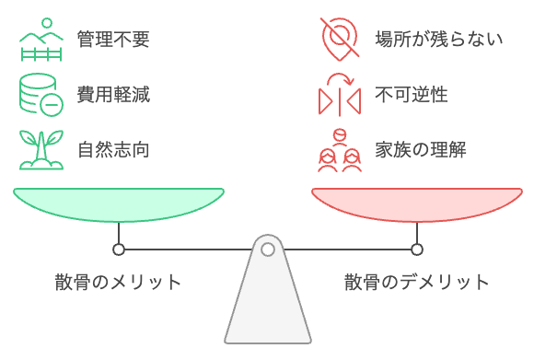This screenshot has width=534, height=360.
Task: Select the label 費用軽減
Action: [x=113, y=94]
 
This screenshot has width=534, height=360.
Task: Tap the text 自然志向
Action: [x=113, y=149]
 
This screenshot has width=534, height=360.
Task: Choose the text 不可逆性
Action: [x=412, y=94]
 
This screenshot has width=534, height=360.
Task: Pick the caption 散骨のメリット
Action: [x=118, y=282]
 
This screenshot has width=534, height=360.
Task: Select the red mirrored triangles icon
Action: [x=338, y=94]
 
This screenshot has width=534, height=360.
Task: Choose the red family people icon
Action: [x=338, y=150]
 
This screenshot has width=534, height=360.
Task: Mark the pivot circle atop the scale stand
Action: [x=267, y=250]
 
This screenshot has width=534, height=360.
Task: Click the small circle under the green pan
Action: [x=118, y=250]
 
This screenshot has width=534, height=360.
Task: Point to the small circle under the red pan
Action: [x=416, y=250]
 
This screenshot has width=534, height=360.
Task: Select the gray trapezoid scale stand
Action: [x=267, y=304]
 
